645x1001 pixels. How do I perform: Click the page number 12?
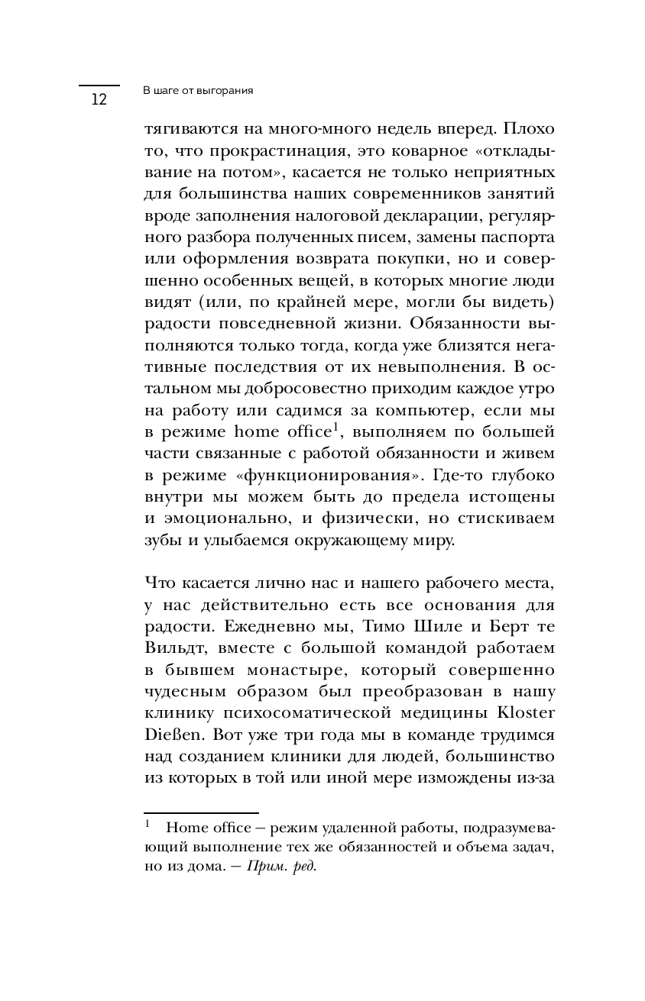point(99,100)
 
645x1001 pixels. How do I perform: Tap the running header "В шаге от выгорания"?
point(198,90)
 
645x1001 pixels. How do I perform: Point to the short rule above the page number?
point(99,86)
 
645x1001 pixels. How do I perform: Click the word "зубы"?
point(160,539)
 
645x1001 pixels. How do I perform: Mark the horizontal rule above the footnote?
point(202,814)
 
